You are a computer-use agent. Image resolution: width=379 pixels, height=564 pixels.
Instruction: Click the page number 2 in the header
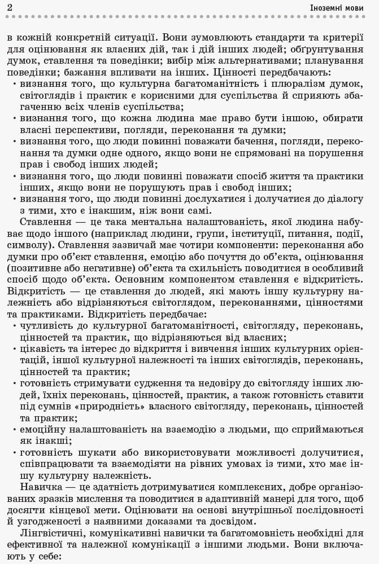point(11,8)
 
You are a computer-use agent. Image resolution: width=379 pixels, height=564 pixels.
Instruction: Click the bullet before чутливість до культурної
point(14,327)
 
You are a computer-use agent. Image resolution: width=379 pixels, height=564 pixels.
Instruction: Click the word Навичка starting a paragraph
point(39,487)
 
